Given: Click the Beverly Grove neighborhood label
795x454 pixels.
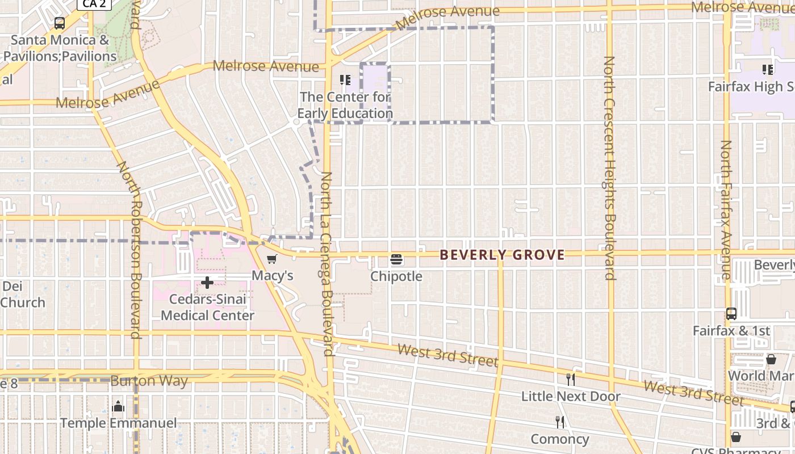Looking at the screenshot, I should (502, 255).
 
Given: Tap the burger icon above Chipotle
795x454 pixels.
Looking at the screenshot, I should (396, 260).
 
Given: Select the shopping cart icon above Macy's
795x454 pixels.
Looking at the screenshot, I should (272, 259).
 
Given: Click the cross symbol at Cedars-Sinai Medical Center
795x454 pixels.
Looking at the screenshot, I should (207, 282).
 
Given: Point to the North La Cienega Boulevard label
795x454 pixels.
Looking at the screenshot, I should (327, 264).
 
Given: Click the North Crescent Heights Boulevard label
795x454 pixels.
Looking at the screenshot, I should (609, 167).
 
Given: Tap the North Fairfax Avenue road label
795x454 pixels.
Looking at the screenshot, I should (726, 210).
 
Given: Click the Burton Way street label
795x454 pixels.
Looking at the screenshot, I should (149, 381).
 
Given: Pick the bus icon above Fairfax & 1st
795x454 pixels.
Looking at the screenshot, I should (731, 314).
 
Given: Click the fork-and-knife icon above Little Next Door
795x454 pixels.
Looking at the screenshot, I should (571, 379).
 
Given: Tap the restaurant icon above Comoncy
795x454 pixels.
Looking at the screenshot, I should (560, 422).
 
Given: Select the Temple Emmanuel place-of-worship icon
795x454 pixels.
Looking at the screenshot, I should (119, 406).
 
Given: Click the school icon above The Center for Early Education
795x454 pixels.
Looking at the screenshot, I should (345, 80).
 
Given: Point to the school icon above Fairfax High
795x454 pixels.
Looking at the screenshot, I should (768, 70).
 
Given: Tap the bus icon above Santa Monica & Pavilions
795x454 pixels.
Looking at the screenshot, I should (60, 23).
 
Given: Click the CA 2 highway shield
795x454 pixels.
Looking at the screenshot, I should (94, 3).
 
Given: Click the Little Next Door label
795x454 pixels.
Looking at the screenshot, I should (571, 396).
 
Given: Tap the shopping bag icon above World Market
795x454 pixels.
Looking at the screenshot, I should (771, 359).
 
